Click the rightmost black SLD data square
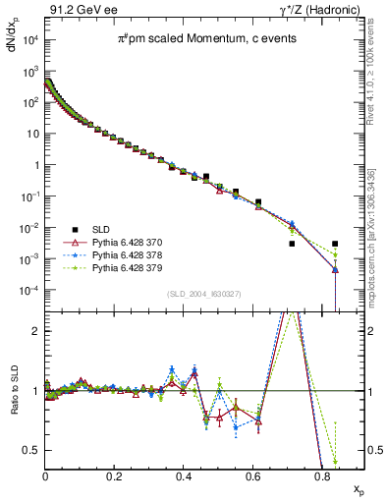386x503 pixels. point(335,244)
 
